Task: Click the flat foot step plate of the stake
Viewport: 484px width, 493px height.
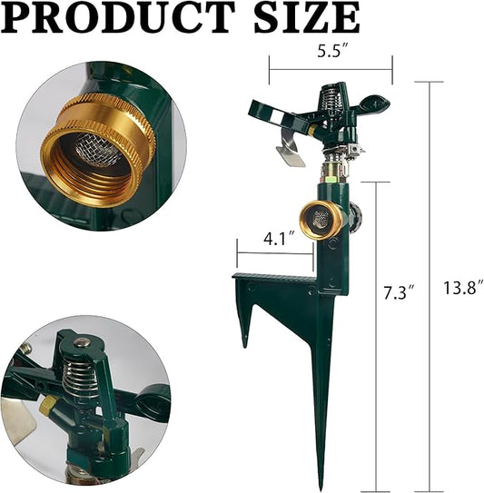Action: point(272,278)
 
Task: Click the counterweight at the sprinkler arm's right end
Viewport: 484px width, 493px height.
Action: point(373,104)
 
